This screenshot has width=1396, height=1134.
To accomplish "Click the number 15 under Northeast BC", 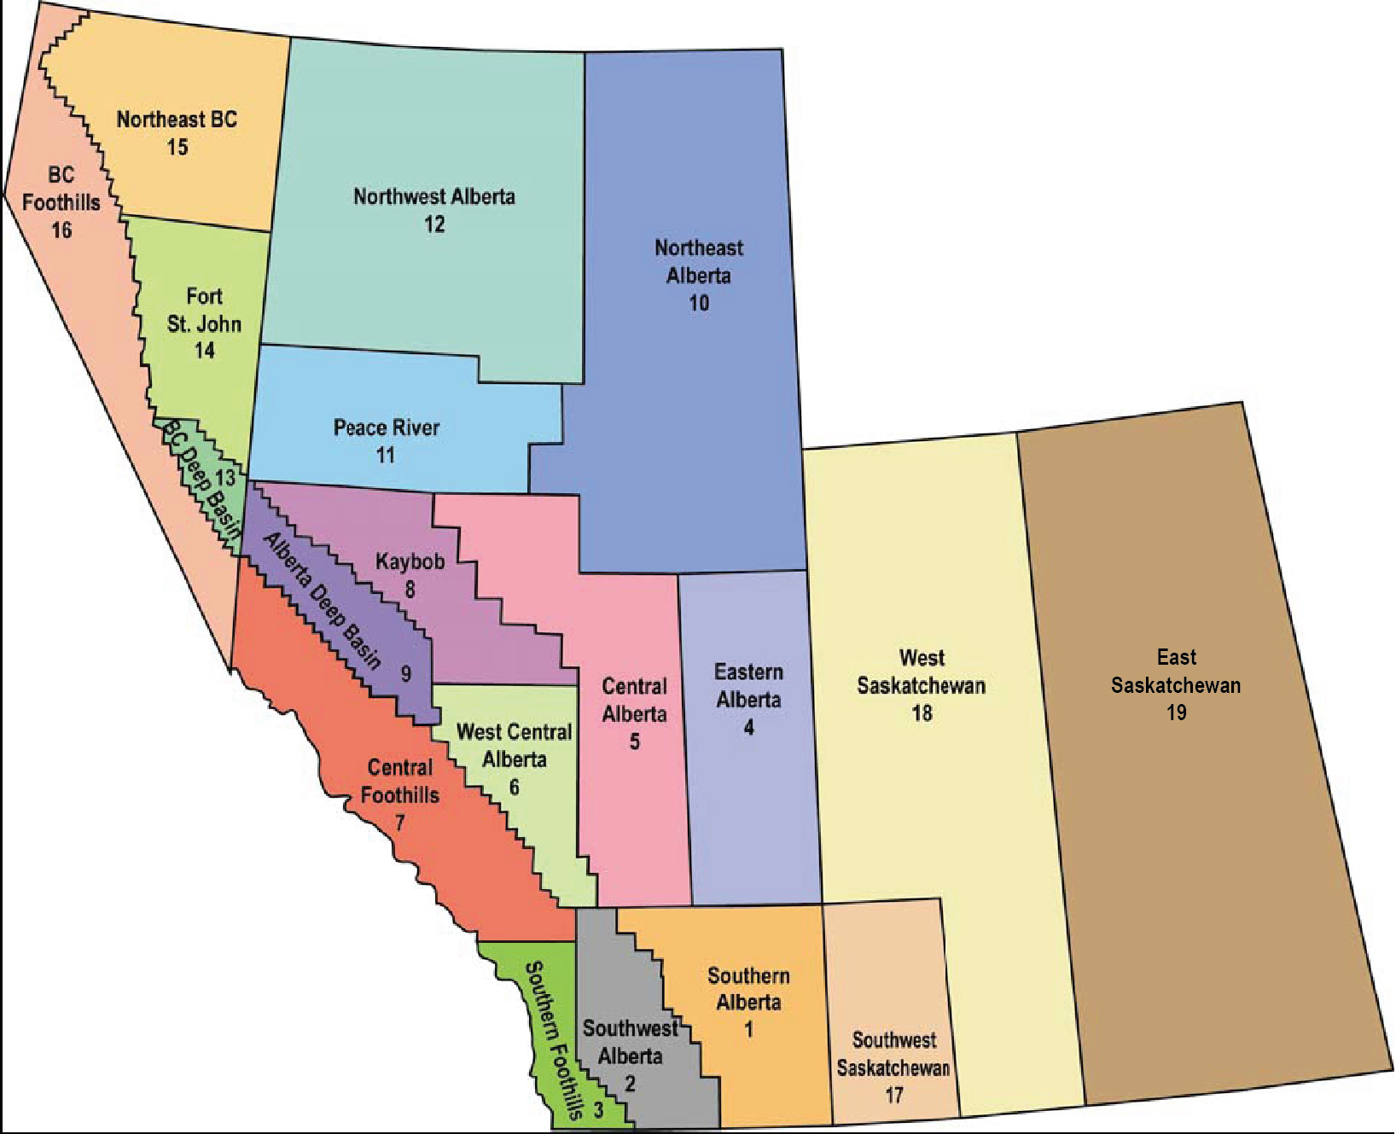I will click(x=177, y=147).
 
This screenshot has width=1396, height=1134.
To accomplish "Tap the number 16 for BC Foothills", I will click(x=61, y=230).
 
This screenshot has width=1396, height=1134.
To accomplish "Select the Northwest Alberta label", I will click(x=434, y=197).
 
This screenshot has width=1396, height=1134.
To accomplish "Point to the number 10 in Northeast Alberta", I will click(x=699, y=303).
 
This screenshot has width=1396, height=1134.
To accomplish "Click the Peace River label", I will click(x=387, y=427).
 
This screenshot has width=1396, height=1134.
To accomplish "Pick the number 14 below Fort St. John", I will click(x=204, y=350).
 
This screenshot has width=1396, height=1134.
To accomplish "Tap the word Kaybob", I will click(x=410, y=561).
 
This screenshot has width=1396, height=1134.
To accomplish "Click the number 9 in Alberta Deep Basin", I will click(x=406, y=674).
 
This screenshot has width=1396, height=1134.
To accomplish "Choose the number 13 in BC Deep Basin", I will click(x=224, y=478).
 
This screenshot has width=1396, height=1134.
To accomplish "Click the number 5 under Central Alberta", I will click(x=634, y=741).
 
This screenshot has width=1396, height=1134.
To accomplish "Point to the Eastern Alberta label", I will click(x=748, y=686).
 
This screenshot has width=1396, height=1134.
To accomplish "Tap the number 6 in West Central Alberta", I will click(x=514, y=787).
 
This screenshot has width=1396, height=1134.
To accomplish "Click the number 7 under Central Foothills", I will click(x=399, y=823).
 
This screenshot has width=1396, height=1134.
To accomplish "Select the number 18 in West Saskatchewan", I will click(x=922, y=712).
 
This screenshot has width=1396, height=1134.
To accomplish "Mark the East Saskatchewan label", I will click(x=1176, y=672).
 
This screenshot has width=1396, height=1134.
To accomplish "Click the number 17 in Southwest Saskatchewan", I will click(x=893, y=1094).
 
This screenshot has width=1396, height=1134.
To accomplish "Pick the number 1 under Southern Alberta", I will click(x=748, y=1029).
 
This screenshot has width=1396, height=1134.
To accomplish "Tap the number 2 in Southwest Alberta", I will click(x=630, y=1084).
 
